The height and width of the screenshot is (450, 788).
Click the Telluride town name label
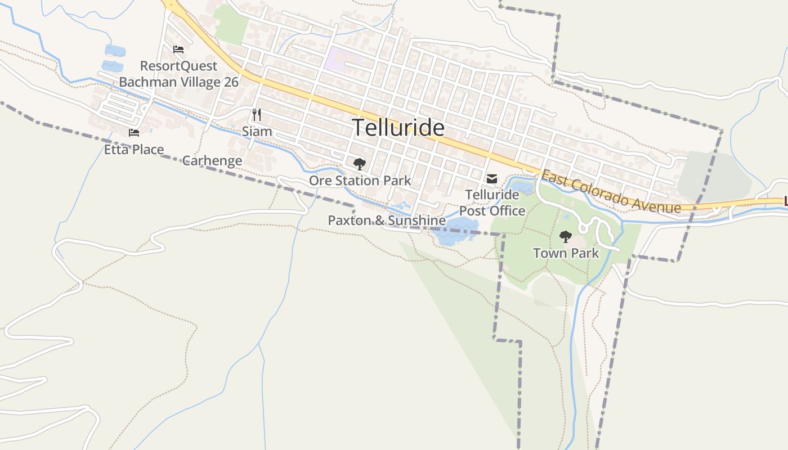pyautogui.click(x=398, y=128)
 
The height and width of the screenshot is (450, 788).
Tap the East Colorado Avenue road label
pyautogui.click(x=611, y=192)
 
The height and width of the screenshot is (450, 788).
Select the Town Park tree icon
pyautogui.click(x=566, y=236)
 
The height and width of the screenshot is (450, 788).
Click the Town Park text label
pyautogui.click(x=566, y=253)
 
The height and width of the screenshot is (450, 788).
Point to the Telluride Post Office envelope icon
pyautogui.click(x=492, y=179)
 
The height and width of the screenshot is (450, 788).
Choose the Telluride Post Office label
pyautogui.click(x=492, y=202)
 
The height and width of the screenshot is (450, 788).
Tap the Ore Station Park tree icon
pyautogui.click(x=359, y=164)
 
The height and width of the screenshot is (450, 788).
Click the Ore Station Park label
pyautogui.click(x=360, y=181)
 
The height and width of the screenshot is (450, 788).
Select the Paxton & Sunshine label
pyautogui.click(x=387, y=220)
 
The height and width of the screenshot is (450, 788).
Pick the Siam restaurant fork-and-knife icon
pyautogui.click(x=257, y=115)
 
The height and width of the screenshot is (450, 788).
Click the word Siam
pyautogui.click(x=257, y=132)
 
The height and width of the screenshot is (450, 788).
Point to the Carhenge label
pyautogui.click(x=212, y=161)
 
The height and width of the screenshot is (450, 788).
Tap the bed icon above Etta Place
pyautogui.click(x=134, y=133)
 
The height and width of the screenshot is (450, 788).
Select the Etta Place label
pyautogui.click(x=134, y=150)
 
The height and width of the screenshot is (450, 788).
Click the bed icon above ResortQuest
pyautogui.click(x=178, y=49)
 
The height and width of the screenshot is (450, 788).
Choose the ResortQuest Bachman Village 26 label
pyautogui.click(x=178, y=74)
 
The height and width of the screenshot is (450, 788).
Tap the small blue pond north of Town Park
pyautogui.click(x=522, y=187)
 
